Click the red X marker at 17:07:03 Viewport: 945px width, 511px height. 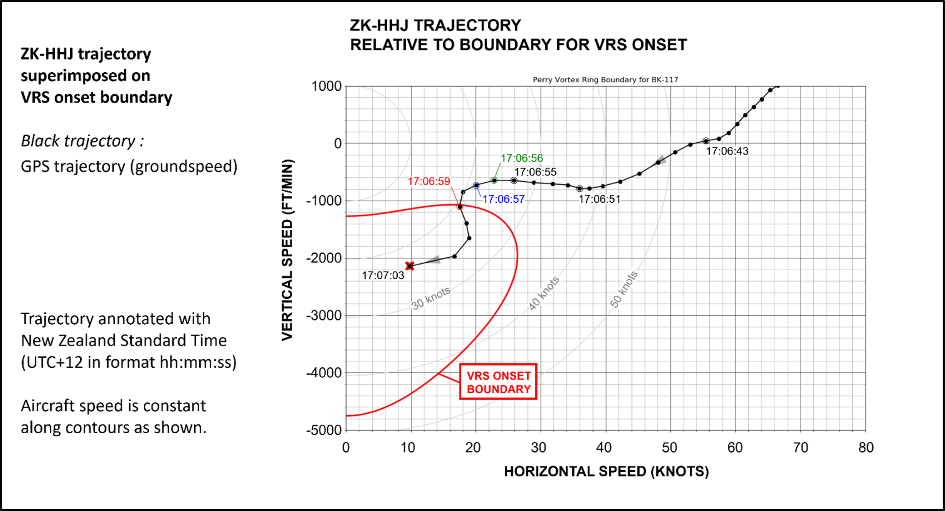[410, 266]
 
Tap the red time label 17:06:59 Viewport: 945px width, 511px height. [429, 181]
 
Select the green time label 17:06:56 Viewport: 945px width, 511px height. [521, 158]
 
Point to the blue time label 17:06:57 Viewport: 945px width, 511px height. [503, 199]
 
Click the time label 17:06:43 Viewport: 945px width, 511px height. [727, 151]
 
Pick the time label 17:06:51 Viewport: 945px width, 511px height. [600, 199]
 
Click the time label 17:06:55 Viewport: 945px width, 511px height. [535, 172]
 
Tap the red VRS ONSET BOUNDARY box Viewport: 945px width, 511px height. [498, 382]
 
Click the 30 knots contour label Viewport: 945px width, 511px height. [431, 298]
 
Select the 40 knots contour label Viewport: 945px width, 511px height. [544, 293]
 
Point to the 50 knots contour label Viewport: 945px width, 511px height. [624, 289]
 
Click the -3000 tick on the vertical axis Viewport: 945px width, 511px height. [324, 315]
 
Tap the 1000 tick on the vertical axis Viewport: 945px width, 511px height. [326, 86]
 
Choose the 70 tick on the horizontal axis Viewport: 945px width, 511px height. [800, 448]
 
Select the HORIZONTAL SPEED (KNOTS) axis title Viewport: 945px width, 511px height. [606, 472]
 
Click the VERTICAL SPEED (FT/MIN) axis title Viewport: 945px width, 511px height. [287, 250]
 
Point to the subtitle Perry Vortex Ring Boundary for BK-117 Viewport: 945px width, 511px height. [605, 80]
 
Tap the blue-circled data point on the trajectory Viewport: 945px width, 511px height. [476, 186]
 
